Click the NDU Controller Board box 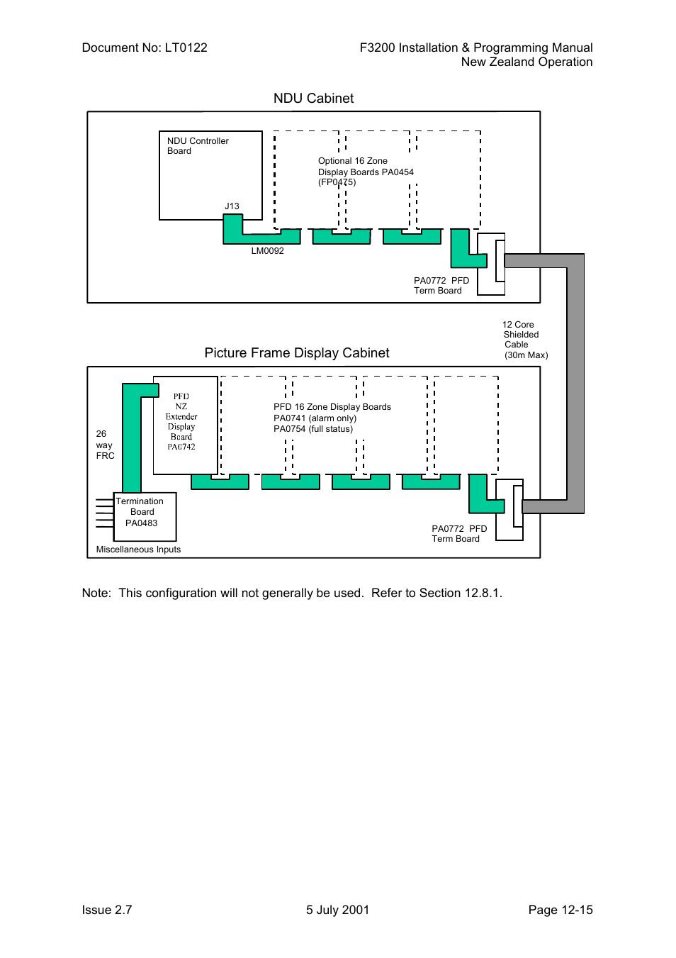(210, 175)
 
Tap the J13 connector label (232, 206)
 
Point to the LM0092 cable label (267, 251)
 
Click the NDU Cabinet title (313, 99)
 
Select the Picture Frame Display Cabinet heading (296, 353)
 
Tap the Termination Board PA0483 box (145, 516)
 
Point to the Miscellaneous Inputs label (138, 550)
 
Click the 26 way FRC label (105, 445)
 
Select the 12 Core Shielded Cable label (524, 340)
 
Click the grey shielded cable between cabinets (575, 383)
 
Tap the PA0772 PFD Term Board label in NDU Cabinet (441, 286)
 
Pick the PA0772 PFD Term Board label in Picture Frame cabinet (458, 534)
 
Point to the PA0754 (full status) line (313, 429)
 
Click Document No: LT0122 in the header (145, 48)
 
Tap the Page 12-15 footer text (560, 910)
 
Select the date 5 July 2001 (337, 910)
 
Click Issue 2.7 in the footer (107, 910)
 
